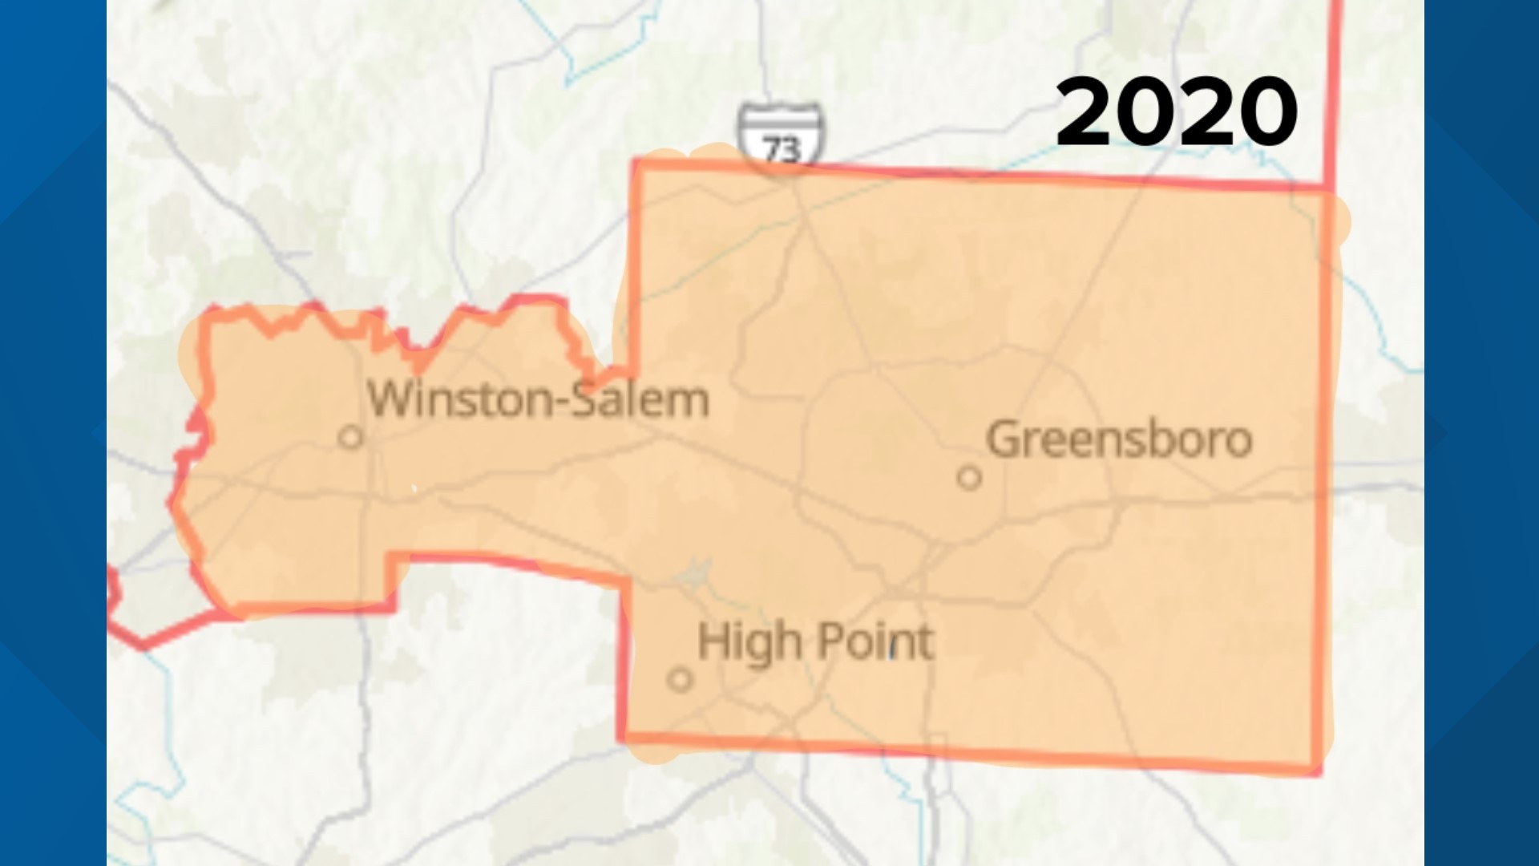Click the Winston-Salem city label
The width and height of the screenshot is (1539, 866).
point(538,399)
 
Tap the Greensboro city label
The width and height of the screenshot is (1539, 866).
point(1119,439)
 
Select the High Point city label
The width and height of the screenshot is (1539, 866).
point(815,642)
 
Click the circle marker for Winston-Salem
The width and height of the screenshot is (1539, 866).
point(350,437)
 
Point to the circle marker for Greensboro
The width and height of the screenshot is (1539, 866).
point(969,478)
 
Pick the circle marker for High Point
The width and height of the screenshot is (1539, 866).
point(680,680)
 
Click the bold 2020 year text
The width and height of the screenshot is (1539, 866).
point(1176,111)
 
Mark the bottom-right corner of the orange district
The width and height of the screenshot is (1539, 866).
point(1319,770)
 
